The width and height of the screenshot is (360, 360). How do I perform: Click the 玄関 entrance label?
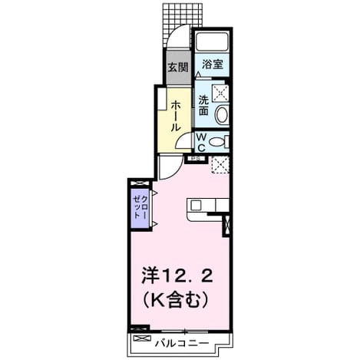(x=178, y=68)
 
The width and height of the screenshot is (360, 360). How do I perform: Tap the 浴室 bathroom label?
(x=213, y=64)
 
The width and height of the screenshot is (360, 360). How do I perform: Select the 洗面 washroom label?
(x=204, y=105)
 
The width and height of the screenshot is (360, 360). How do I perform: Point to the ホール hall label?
(x=176, y=116)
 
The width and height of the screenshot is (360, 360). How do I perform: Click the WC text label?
(x=202, y=143)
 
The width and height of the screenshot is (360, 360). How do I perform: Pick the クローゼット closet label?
(x=140, y=207)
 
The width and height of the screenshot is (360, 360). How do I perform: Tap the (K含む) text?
(x=175, y=299)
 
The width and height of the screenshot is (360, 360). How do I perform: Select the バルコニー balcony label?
(x=182, y=343)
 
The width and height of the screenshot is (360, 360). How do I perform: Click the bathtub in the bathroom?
(x=212, y=41)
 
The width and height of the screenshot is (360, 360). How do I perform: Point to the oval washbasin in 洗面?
(x=222, y=115)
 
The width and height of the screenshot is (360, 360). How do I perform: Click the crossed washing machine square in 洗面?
(x=220, y=93)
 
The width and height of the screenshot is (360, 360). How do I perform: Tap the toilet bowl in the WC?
(x=216, y=142)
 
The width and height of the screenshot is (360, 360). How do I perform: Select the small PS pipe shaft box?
(x=196, y=159)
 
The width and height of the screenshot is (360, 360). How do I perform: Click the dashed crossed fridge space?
(x=220, y=165)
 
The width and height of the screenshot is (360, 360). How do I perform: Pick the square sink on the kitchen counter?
(x=197, y=206)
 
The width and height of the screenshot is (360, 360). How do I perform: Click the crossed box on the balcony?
(x=140, y=339)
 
